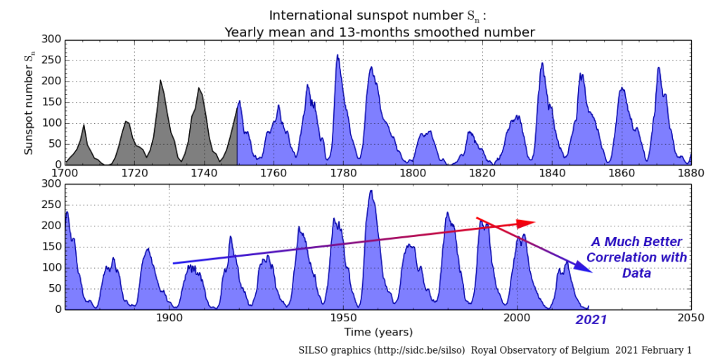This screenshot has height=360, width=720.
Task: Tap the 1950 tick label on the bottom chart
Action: click(343, 317)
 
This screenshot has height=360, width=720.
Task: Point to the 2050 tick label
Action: click(691, 317)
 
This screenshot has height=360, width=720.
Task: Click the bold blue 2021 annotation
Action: click(591, 320)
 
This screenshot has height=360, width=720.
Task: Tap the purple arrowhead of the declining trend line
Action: click(584, 267)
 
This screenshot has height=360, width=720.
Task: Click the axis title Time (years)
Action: click(378, 331)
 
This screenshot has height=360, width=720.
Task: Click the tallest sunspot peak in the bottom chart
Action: click(371, 191)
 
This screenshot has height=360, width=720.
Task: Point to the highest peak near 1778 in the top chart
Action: click(337, 56)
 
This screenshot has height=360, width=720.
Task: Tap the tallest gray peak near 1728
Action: click(160, 82)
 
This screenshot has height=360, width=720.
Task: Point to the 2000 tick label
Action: click(517, 317)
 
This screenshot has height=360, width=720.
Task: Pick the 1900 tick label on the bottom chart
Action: click(169, 317)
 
